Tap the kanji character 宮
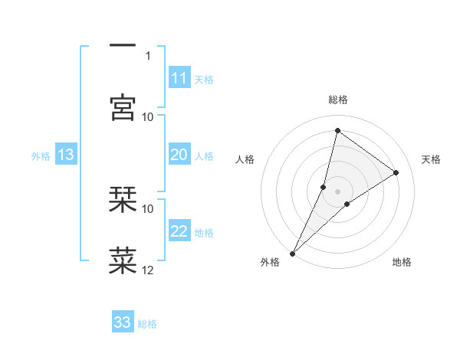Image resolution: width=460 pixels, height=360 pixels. coord(123,107)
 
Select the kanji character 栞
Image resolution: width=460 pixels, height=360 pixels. coord(123,199)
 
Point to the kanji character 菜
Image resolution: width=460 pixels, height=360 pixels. coord(123,260)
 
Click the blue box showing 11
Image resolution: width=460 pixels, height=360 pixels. coord(179,78)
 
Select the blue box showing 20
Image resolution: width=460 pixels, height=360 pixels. coord(179,155)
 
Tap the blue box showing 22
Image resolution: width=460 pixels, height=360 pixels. coord(179,232)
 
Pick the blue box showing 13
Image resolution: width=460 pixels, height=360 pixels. coord(66,155)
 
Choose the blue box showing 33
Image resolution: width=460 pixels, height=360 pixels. coord(123,322)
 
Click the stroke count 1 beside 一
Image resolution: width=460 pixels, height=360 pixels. coord(148,55)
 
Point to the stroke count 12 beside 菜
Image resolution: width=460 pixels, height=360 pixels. coord(148,270)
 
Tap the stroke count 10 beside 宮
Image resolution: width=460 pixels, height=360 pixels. coord(148,116)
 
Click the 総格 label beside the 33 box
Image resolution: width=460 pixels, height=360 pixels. coord(148,324)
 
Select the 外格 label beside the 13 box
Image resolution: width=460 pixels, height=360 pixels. coord(41,156)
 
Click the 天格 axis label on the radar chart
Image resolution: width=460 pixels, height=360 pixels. coord(431,159)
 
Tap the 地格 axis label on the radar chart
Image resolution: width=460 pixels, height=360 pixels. coord(402,263)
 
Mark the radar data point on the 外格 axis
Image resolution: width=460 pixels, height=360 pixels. coord(292,253)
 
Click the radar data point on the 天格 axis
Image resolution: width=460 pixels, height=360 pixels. coord(396,172)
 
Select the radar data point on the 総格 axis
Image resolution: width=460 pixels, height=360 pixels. coord(337,130)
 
